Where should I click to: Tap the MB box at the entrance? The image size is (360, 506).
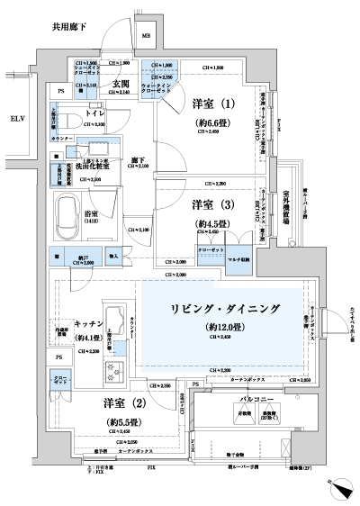tap(147, 37)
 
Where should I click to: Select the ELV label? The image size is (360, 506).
tap(17, 118)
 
